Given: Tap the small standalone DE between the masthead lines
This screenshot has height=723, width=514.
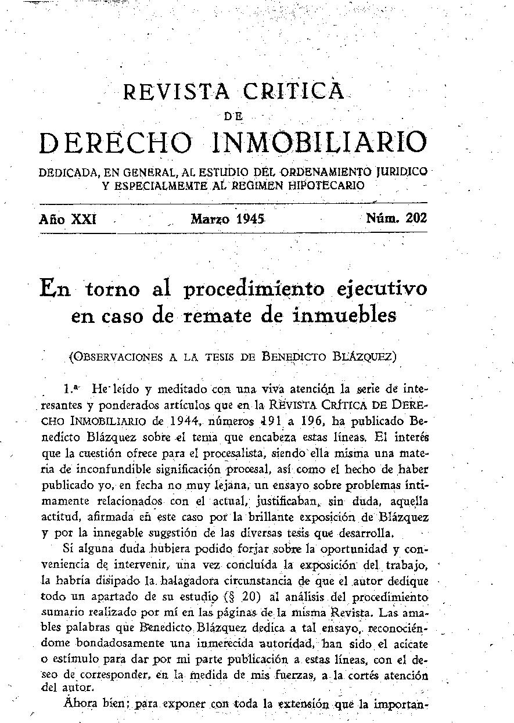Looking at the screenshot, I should click(233, 116).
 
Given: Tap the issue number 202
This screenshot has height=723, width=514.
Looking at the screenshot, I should click(416, 218).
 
